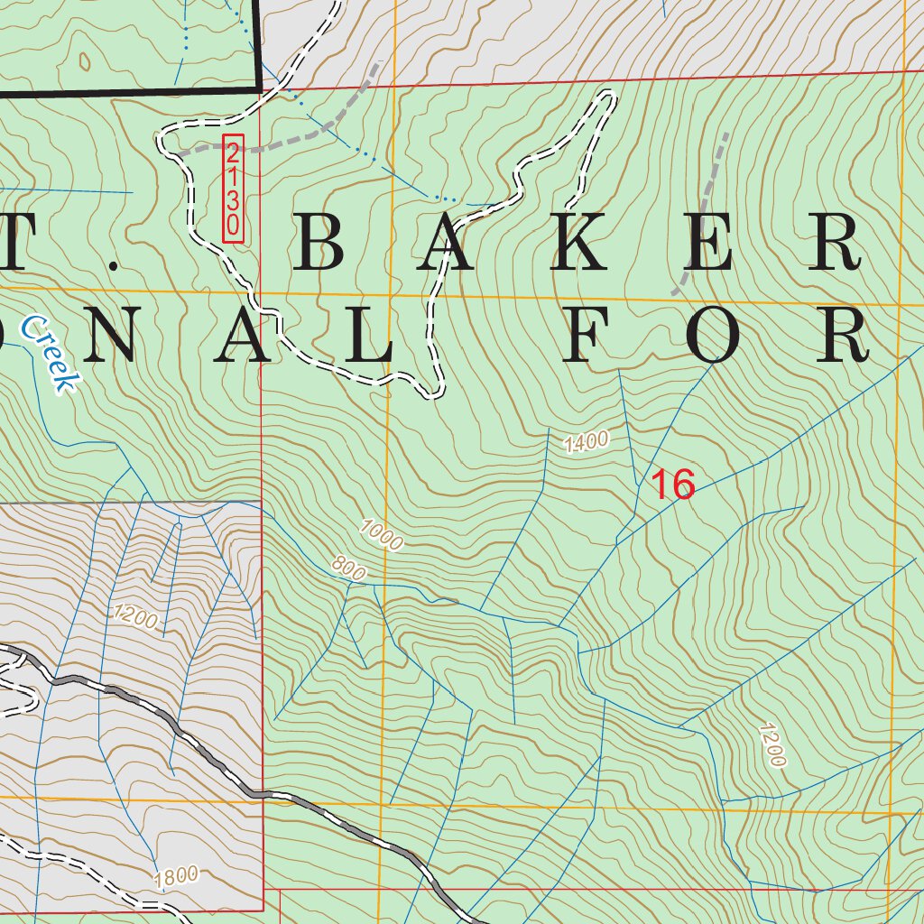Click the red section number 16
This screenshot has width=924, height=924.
673,485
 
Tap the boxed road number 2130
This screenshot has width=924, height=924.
234,189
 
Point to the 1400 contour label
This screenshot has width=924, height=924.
587,441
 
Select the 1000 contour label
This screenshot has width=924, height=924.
380,534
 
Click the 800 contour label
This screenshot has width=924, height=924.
348,568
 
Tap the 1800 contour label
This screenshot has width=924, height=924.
175,877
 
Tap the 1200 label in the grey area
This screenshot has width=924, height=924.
135,618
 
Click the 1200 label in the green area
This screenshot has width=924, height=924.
772,744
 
